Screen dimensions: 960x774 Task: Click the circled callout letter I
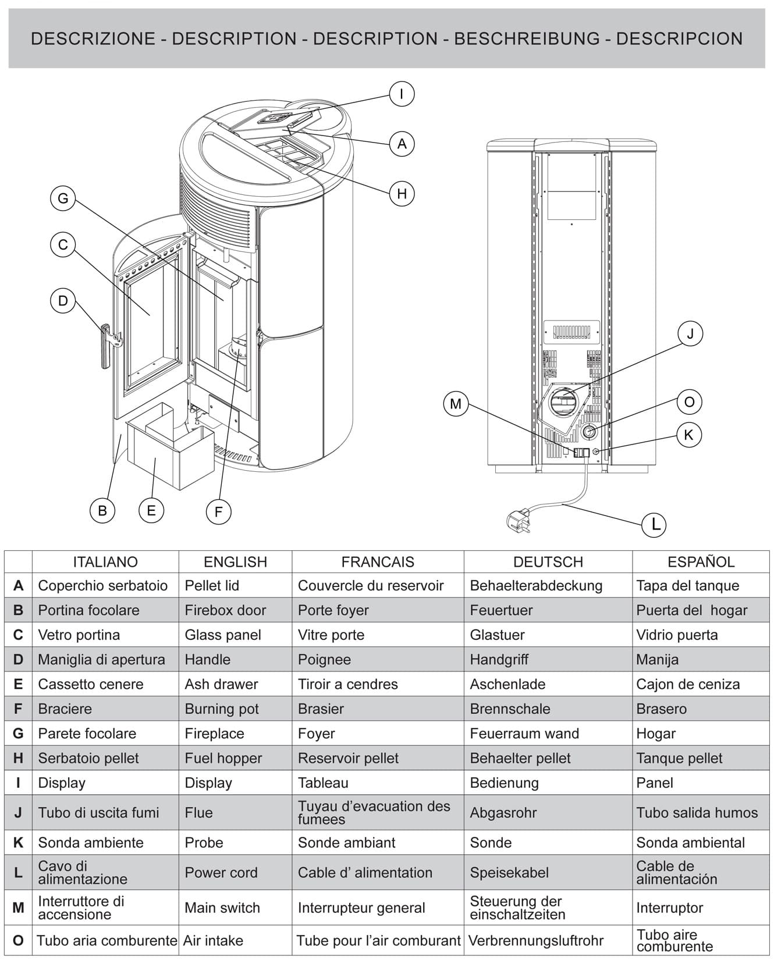pos(402,94)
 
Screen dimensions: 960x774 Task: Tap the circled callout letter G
pos(63,198)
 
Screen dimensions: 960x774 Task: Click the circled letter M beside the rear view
pos(456,404)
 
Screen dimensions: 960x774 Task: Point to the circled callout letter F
pos(219,512)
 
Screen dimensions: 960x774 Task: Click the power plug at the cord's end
pos(519,518)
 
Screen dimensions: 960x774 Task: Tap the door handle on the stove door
pos(105,347)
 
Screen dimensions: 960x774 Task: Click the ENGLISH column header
pos(235,562)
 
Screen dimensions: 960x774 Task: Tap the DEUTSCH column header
pos(548,562)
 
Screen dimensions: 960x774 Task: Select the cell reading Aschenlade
pos(507,684)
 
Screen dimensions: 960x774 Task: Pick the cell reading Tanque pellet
pos(679,758)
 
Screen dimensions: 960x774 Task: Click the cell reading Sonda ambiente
pos(91,842)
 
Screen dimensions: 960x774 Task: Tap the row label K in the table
pos(18,842)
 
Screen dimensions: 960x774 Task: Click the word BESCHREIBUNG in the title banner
pos(527,39)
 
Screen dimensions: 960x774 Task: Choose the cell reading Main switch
pos(222,908)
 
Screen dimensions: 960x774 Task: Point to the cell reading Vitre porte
pos(331,635)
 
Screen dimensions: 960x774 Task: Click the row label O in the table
pos(18,940)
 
